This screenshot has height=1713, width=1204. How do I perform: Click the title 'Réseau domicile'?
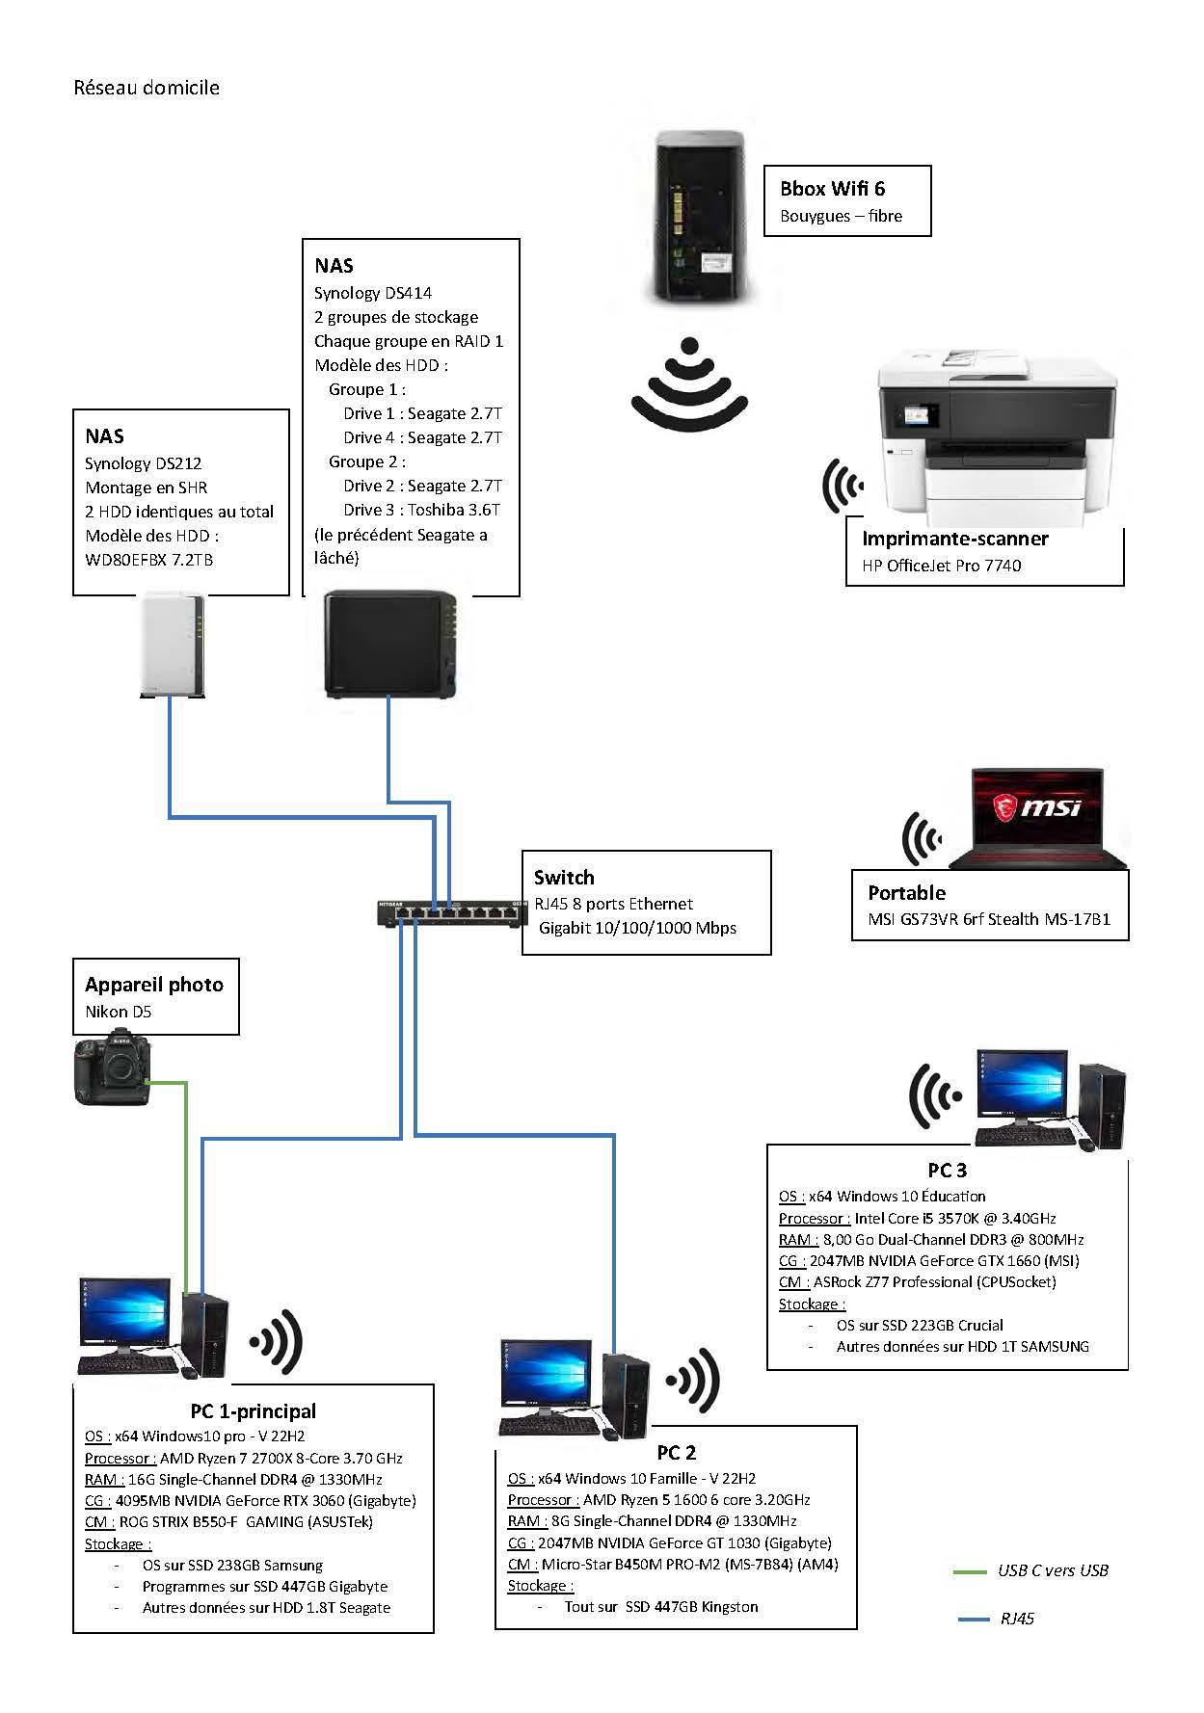click(147, 88)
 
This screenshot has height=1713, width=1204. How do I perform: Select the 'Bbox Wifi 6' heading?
click(832, 189)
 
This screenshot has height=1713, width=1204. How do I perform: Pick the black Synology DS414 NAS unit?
click(391, 644)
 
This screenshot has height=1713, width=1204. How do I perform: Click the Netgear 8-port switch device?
click(452, 911)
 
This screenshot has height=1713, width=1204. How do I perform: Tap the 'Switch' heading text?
click(564, 878)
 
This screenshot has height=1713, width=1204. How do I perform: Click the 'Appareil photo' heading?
click(154, 985)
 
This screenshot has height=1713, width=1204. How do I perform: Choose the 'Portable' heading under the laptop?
click(906, 893)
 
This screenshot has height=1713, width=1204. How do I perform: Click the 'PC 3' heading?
click(947, 1171)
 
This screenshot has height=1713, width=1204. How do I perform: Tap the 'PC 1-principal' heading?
click(253, 1411)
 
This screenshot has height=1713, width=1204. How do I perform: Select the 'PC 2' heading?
click(676, 1453)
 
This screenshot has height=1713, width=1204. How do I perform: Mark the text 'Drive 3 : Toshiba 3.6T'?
click(421, 510)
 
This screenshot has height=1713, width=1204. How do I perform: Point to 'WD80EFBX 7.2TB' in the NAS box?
click(149, 560)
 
